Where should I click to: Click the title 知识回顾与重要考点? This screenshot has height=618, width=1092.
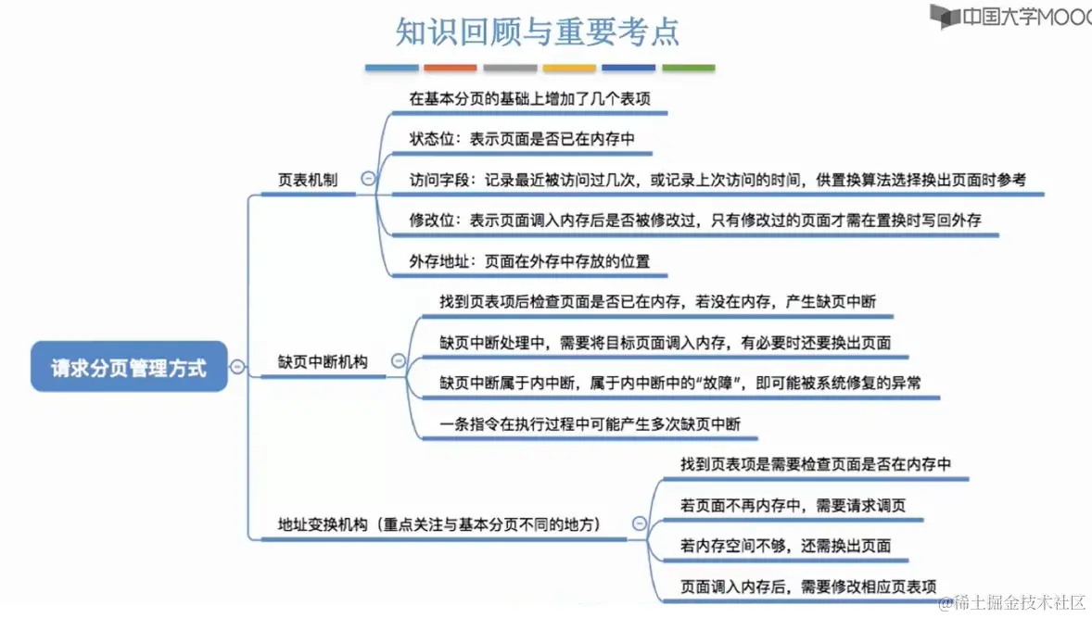click(538, 32)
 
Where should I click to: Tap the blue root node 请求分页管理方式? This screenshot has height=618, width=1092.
click(129, 367)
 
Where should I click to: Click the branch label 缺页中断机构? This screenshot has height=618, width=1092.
click(323, 362)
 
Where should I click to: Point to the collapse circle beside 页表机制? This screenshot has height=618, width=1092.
click(368, 180)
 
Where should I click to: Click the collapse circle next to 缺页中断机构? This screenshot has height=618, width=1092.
click(399, 361)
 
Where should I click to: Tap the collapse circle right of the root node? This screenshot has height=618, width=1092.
click(237, 367)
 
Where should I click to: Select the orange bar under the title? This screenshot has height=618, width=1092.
click(451, 68)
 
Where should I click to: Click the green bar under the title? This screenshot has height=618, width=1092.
click(688, 68)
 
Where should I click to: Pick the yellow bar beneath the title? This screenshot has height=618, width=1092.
click(569, 68)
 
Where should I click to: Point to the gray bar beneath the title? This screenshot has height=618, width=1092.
click(510, 68)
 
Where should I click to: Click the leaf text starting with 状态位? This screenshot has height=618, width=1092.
click(522, 139)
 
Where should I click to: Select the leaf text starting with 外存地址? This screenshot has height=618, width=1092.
click(529, 261)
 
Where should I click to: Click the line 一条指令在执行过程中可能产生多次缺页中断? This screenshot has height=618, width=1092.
click(590, 424)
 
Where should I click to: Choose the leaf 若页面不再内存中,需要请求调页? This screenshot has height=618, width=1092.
click(793, 505)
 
